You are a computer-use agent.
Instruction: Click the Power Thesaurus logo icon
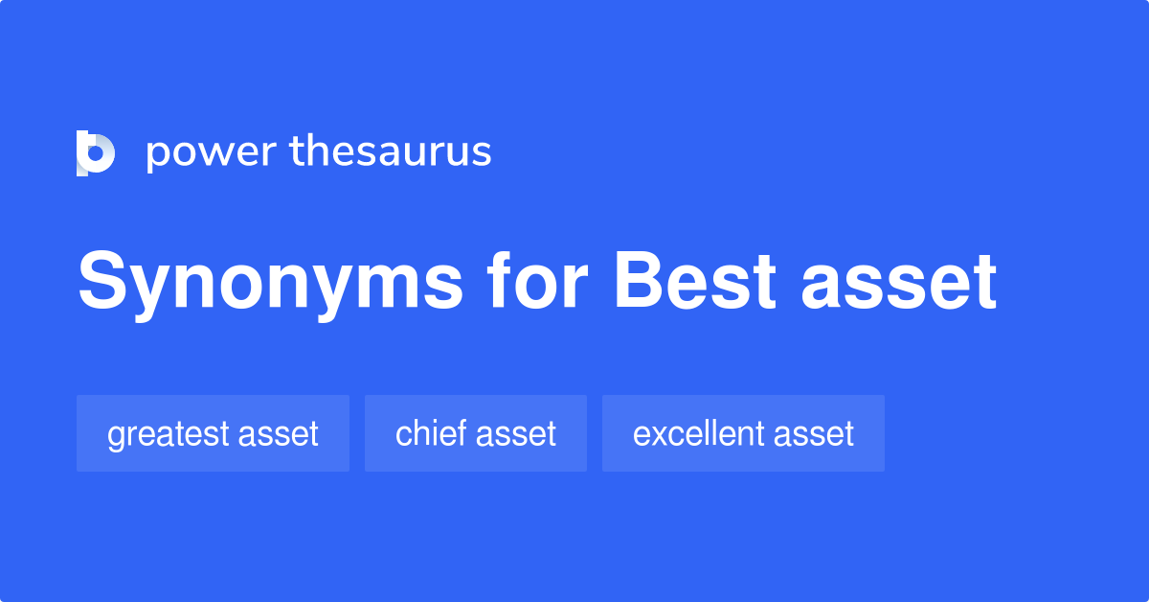(96, 153)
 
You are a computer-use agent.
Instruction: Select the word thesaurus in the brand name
(391, 152)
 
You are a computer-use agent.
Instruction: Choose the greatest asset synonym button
(213, 433)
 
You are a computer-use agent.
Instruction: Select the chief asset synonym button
(476, 433)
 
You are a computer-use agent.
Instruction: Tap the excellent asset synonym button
(743, 433)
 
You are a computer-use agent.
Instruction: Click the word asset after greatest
(280, 434)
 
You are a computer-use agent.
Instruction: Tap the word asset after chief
(517, 434)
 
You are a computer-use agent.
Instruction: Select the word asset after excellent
(814, 434)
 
